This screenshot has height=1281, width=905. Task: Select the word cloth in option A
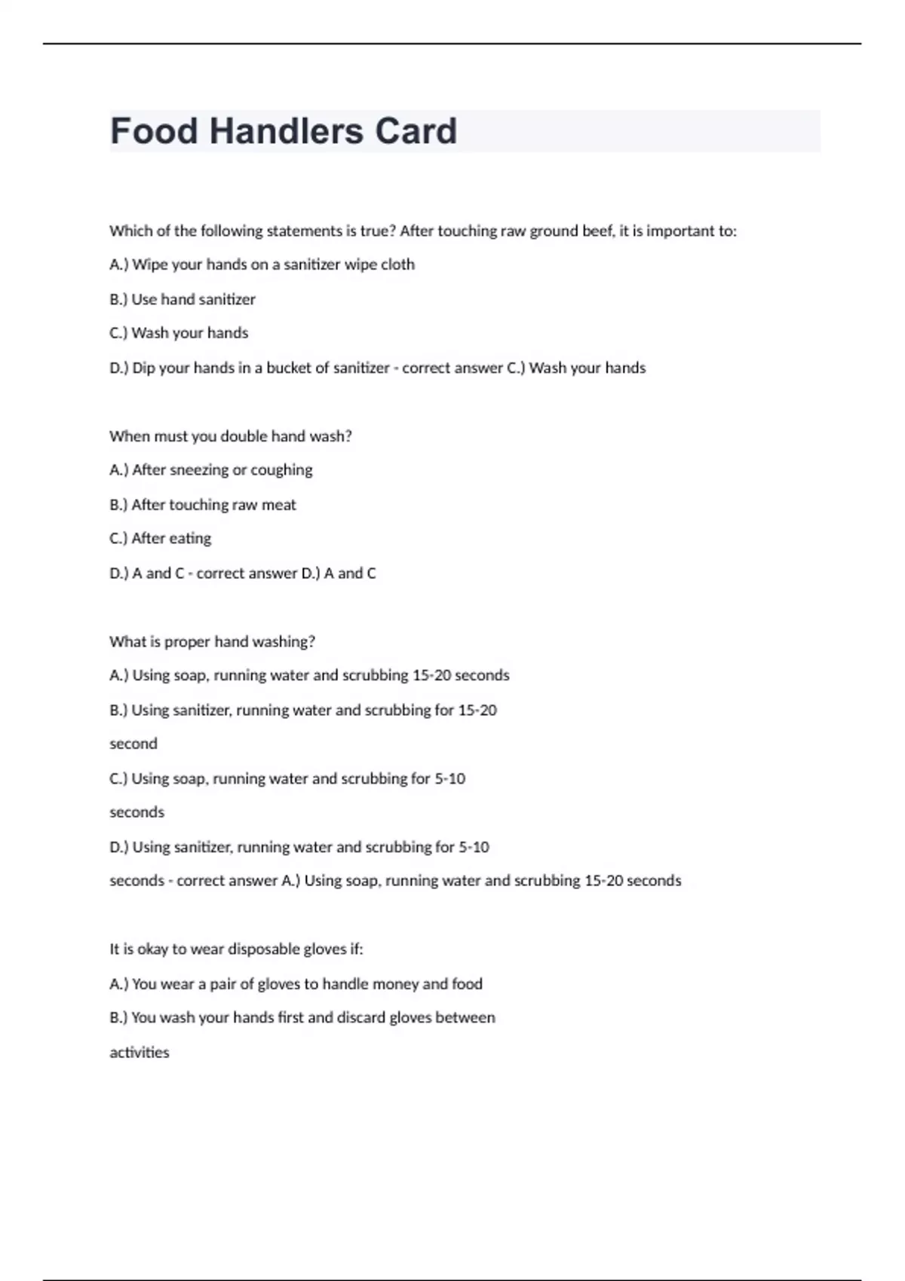click(x=397, y=264)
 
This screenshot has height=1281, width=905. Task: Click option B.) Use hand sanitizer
click(x=183, y=299)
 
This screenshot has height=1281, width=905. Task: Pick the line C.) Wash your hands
click(x=179, y=333)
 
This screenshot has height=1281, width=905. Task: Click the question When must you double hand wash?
click(x=230, y=436)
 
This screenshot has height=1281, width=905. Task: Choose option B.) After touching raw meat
click(x=203, y=505)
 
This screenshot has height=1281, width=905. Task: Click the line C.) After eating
click(x=161, y=539)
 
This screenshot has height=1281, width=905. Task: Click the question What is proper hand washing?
click(x=212, y=642)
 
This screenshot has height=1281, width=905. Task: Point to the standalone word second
click(x=133, y=744)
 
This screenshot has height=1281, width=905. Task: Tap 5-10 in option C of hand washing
click(x=449, y=778)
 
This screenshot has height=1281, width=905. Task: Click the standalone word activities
click(x=140, y=1053)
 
